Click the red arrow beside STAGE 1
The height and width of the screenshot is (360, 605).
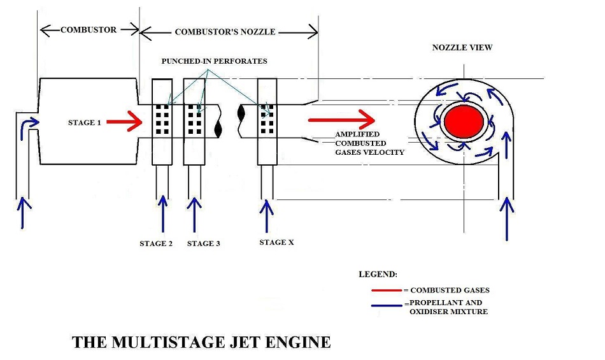pos(125,123)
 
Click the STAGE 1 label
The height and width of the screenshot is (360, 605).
pos(84,122)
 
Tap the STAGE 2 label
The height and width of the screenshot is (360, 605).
pos(156,243)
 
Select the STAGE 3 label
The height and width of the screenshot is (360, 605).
pos(204,243)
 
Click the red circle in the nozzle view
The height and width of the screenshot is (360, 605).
pos(463,122)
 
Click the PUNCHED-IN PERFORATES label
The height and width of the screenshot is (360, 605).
pos(214,61)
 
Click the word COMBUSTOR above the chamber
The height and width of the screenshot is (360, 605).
pos(89,29)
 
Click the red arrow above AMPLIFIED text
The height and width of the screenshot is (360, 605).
pos(341,119)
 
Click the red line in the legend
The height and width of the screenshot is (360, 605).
pos(387,291)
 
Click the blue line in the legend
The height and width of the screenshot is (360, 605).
pos(387,304)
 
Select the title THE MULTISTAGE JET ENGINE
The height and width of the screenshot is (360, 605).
pos(201,342)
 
